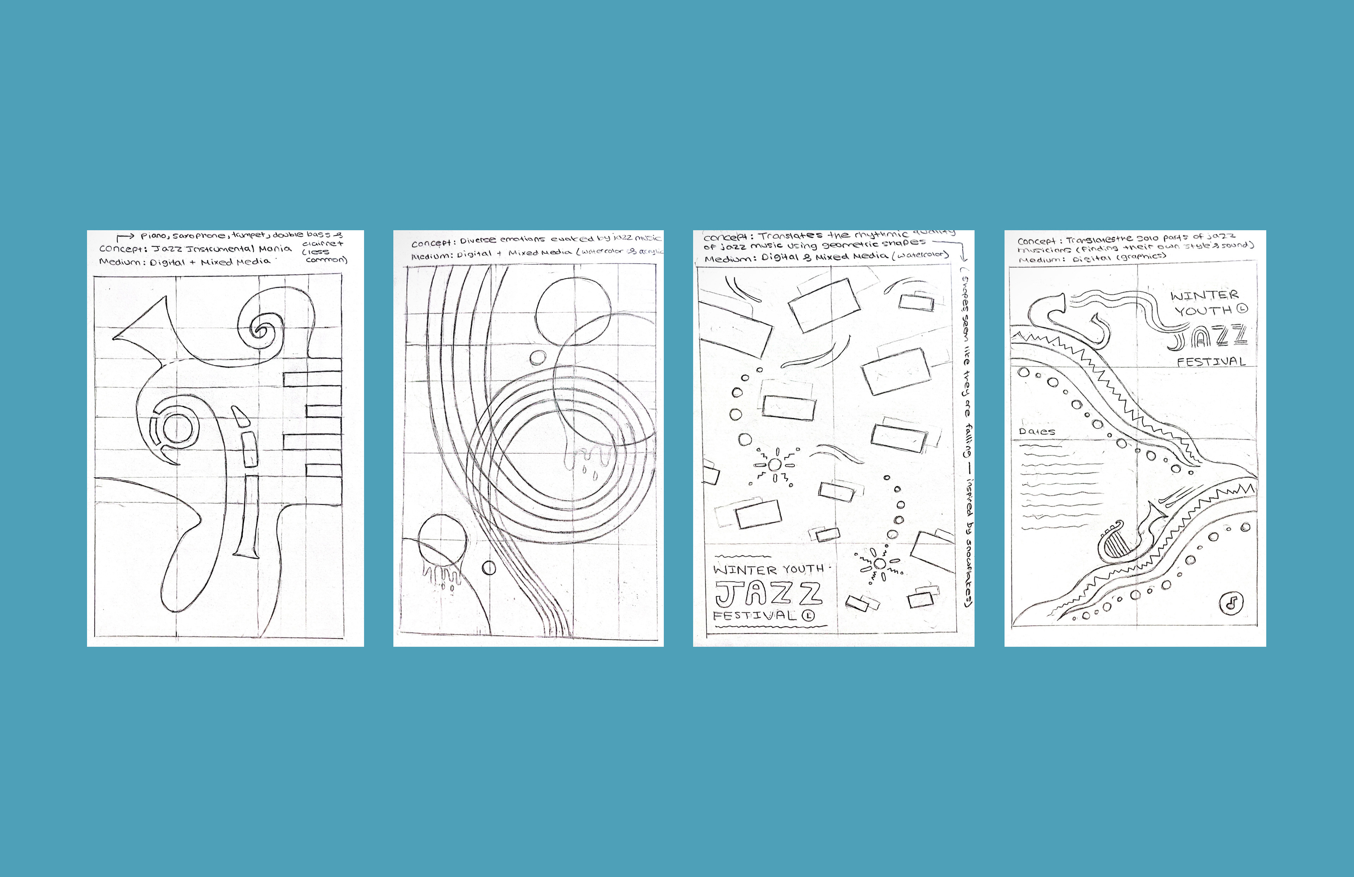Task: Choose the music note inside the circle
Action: click(x=1232, y=602)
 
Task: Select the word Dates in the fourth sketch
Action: click(x=1037, y=432)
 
